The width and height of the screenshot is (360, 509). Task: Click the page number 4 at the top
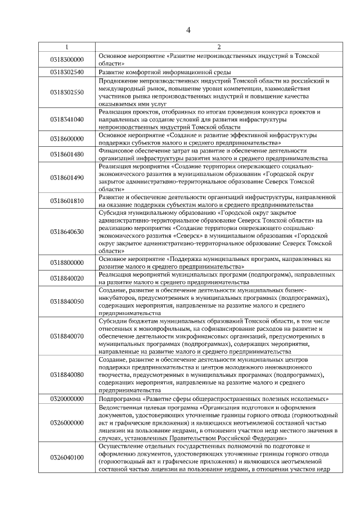188,30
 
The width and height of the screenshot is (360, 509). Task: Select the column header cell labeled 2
219,47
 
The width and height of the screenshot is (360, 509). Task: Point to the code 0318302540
66,73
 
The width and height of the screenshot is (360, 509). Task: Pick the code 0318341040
66,119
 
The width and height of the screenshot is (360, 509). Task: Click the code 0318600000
66,139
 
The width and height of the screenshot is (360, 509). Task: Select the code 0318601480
66,155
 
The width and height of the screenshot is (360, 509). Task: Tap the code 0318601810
66,201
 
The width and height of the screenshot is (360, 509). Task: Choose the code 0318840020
66,278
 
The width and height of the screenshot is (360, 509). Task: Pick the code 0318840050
66,301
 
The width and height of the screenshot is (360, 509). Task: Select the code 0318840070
66,336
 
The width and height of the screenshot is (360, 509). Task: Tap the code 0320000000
66,398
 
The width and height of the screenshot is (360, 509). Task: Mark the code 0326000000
66,422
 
